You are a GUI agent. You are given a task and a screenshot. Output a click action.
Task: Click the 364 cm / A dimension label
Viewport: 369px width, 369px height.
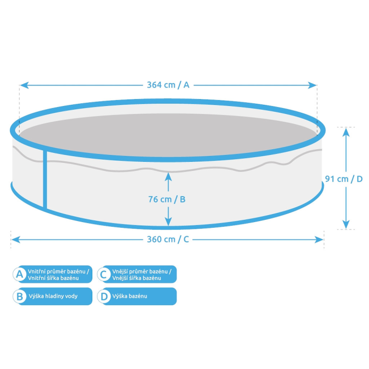click(x=168, y=85)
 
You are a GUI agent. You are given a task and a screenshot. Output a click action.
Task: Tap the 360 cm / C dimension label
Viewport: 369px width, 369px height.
click(x=168, y=239)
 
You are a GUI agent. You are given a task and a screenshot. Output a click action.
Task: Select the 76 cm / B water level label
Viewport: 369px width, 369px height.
click(x=167, y=199)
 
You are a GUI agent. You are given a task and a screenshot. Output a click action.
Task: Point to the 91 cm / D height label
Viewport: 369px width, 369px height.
click(x=344, y=179)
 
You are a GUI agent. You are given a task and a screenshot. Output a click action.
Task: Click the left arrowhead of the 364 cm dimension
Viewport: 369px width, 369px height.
click(x=24, y=85)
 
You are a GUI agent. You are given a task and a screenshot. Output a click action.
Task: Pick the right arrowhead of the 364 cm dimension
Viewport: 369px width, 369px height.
click(x=312, y=85)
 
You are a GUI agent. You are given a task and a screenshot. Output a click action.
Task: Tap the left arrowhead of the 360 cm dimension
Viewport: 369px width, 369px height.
click(x=16, y=240)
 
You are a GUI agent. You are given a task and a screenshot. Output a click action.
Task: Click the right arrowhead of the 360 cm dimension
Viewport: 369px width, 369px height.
click(x=319, y=240)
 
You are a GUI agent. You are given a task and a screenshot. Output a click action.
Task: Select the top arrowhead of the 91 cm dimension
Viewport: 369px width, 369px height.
click(x=346, y=132)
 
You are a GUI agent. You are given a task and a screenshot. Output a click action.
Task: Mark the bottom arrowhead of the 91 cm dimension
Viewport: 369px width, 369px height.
click(x=346, y=224)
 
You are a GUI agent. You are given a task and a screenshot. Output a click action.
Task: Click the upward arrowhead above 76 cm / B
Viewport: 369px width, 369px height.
click(x=168, y=177)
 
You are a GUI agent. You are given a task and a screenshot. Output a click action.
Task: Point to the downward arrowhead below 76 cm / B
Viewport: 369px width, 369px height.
click(x=168, y=221)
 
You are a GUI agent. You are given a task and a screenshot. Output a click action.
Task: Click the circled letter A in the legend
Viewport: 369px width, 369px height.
click(x=20, y=274)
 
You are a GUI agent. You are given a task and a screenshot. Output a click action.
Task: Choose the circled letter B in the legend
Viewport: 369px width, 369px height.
click(x=20, y=296)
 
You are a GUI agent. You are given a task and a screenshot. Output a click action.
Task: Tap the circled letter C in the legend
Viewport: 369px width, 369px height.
click(x=104, y=274)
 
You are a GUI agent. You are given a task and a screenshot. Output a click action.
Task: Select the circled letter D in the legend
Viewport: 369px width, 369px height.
click(x=104, y=296)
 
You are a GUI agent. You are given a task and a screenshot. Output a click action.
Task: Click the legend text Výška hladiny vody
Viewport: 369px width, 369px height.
click(x=53, y=296)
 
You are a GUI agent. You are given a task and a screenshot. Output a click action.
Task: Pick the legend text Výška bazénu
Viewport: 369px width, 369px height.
click(x=130, y=296)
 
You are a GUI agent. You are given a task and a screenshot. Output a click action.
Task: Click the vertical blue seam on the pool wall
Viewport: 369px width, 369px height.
click(x=45, y=180)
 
